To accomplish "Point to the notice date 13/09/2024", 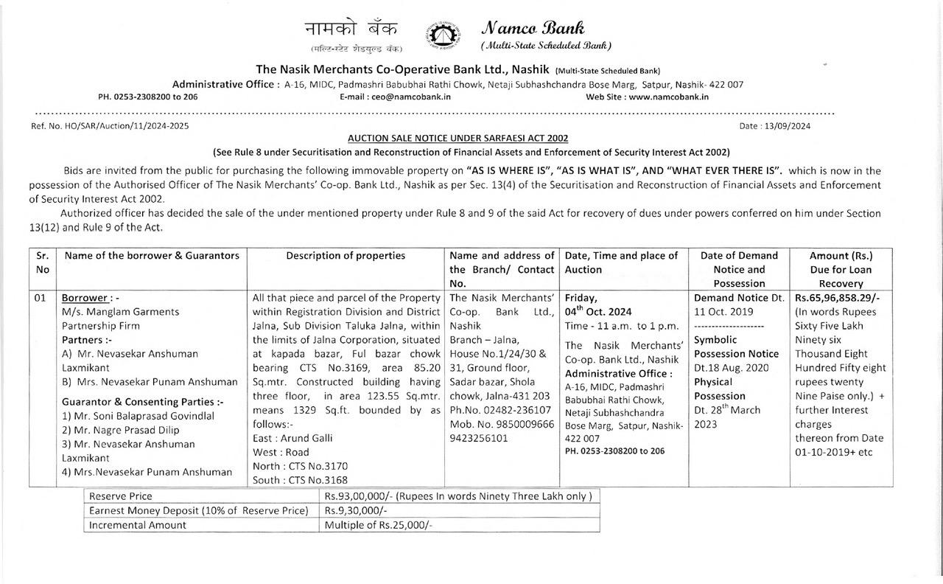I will [788, 126].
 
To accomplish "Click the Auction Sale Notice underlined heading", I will [458, 138].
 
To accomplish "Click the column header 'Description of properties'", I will [346, 256].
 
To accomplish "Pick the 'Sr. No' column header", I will [42, 263].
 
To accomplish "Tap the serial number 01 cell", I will [41, 298].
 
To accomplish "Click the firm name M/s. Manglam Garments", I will [120, 312].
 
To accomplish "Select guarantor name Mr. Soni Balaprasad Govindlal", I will [138, 416].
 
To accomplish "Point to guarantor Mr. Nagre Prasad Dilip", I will [120, 430].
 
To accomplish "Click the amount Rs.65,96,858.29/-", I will [838, 298].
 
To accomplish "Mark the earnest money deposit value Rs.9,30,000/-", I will [356, 510].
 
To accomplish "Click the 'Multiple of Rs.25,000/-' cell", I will [379, 525].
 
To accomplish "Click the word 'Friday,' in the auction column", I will [581, 298].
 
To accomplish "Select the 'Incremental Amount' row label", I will [138, 525].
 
